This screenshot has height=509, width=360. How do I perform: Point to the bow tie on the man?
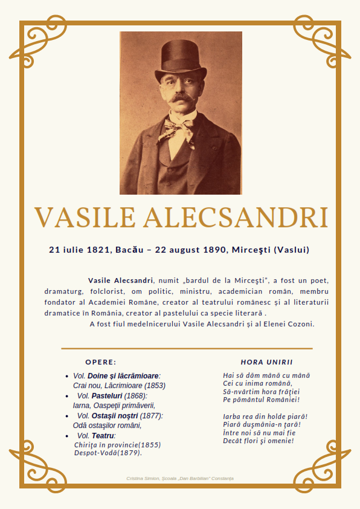point(180,126)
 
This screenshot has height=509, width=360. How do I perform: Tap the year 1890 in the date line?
point(212,249)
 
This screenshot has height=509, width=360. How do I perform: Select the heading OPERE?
point(100,362)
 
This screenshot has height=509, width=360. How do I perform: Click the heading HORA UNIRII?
point(266,362)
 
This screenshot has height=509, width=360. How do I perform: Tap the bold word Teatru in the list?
point(103,436)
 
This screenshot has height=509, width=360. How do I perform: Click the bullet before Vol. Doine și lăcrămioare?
point(66,376)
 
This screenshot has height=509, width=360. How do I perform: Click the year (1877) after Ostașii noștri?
point(152,416)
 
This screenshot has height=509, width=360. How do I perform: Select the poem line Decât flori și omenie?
point(258,441)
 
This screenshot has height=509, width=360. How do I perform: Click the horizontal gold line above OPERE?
point(187,349)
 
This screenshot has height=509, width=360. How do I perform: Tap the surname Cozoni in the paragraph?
point(299,324)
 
